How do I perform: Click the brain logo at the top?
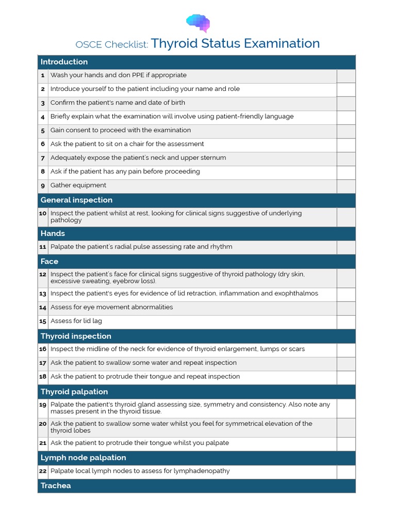pos(198,23)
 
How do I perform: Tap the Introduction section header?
pos(64,62)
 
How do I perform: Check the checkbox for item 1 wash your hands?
pos(346,76)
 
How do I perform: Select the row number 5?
pos(43,131)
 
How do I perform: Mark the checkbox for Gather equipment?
pos(346,186)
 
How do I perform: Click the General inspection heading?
pos(76,200)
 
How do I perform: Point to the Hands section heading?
pos(53,234)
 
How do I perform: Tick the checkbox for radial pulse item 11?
pos(346,247)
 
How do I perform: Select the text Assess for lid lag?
pos(76,321)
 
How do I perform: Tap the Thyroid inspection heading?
pos(76,336)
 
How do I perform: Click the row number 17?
pos(43,363)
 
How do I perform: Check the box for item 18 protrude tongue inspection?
pos(346,377)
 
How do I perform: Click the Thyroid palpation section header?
pos(74,392)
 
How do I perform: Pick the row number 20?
pos(43,424)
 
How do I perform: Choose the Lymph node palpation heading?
pos(83,458)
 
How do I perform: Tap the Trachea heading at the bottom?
pos(56,486)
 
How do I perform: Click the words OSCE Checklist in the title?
pos(112,45)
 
